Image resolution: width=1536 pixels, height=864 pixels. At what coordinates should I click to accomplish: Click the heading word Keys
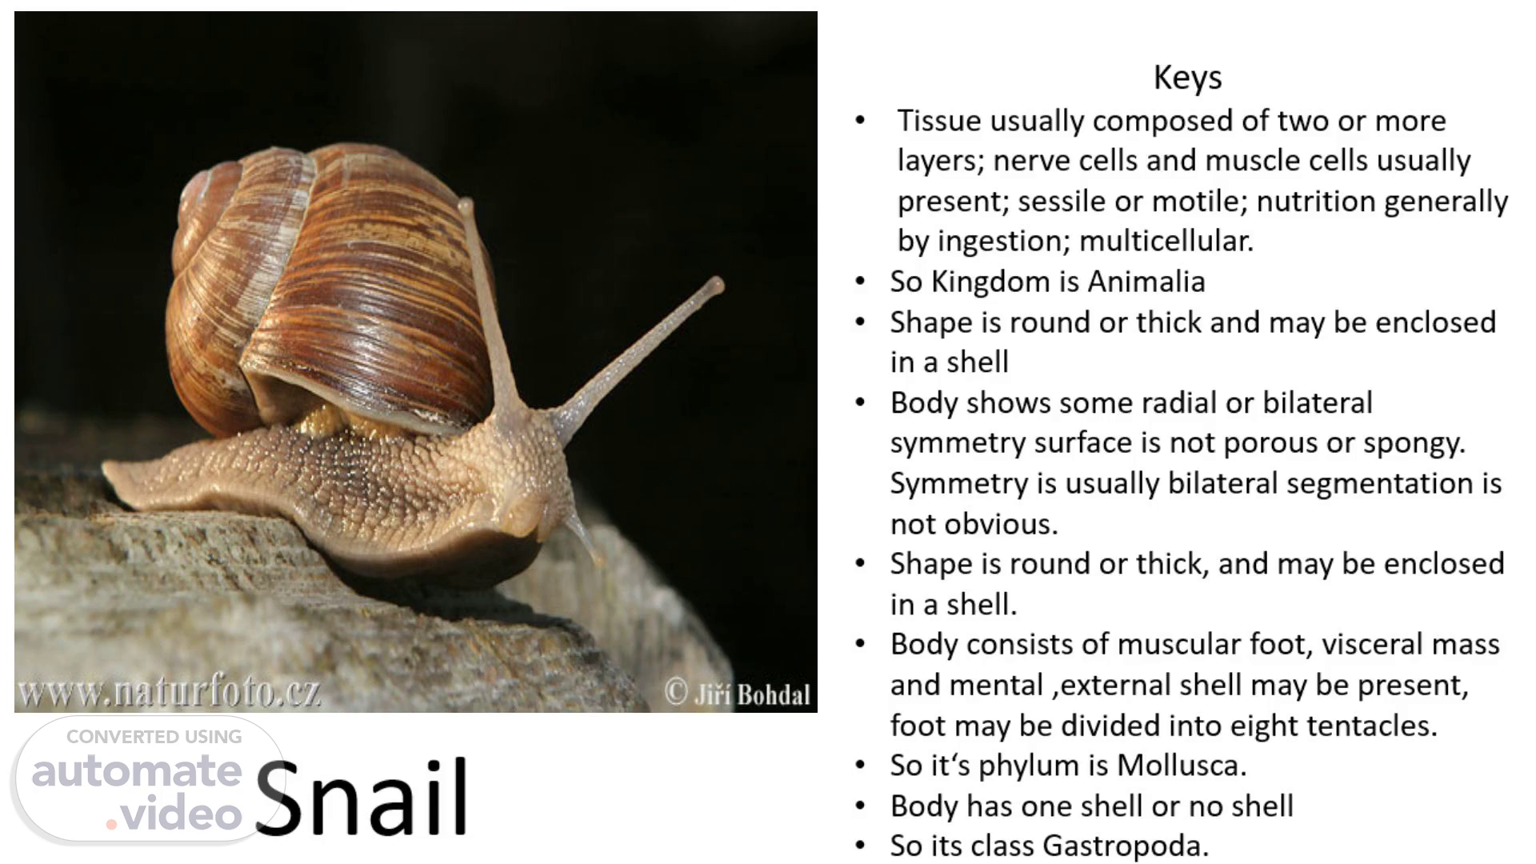tap(1187, 78)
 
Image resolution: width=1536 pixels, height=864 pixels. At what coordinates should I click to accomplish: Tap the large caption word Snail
tap(362, 796)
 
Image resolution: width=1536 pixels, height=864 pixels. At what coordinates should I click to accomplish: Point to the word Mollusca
tap(1181, 766)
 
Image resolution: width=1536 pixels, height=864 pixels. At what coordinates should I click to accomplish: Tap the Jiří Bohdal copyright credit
tap(738, 694)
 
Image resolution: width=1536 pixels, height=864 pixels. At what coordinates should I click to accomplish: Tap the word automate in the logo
tap(137, 772)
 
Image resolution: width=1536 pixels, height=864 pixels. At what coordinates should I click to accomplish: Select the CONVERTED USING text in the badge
tap(154, 737)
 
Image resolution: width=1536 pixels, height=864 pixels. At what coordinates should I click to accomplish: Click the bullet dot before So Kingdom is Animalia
tap(860, 282)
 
